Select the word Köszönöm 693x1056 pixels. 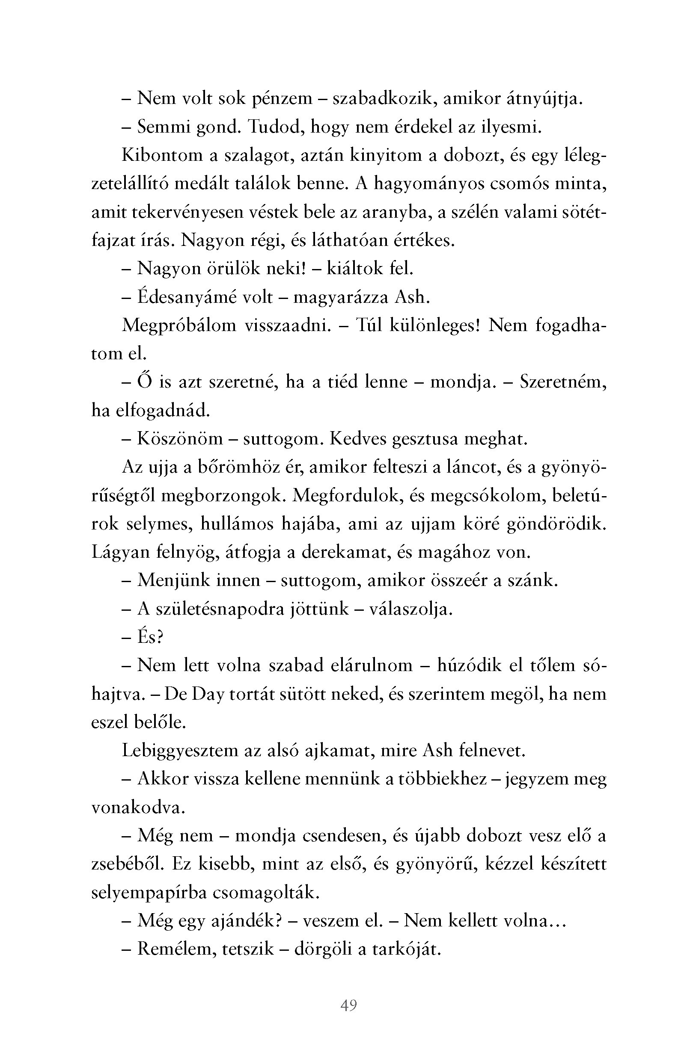coord(180,439)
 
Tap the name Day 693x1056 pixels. coord(208,695)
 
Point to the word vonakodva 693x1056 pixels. coord(138,808)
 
